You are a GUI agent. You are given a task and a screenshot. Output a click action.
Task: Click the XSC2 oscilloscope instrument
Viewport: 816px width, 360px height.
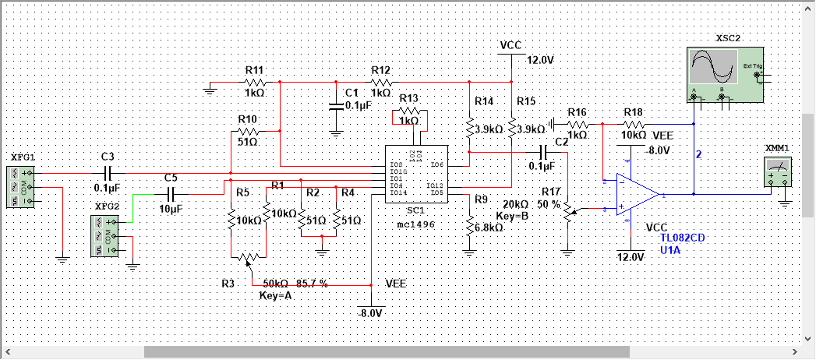pyautogui.click(x=722, y=74)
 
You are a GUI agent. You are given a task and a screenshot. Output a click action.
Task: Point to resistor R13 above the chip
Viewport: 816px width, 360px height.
pyautogui.click(x=409, y=115)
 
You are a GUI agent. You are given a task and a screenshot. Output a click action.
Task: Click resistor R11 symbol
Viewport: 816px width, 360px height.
pyautogui.click(x=255, y=82)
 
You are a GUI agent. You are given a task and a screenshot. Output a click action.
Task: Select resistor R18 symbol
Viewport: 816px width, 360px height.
pyautogui.click(x=633, y=124)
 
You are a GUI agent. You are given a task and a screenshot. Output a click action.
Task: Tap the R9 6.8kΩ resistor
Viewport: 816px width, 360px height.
pyautogui.click(x=469, y=226)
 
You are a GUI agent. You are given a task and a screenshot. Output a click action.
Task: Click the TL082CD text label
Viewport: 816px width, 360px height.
pyautogui.click(x=684, y=238)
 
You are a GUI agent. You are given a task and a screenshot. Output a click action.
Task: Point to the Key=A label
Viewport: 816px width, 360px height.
pyautogui.click(x=274, y=297)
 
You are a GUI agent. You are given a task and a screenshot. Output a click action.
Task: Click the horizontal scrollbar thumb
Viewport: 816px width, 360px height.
pyautogui.click(x=386, y=351)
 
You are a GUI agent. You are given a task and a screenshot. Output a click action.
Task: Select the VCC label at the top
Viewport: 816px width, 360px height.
pyautogui.click(x=510, y=45)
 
